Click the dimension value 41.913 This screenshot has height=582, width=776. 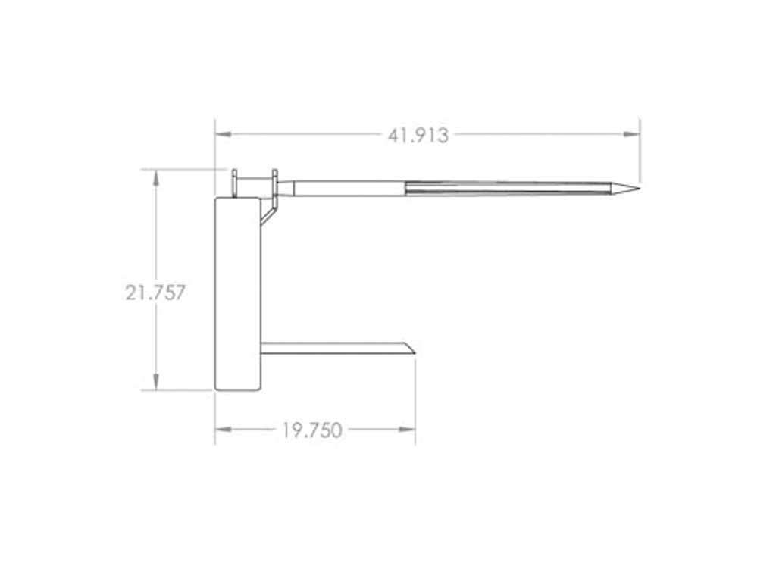418,135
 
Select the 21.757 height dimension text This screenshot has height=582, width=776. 155,293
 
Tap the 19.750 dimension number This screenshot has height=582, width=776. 312,430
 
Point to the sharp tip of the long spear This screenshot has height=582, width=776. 640,188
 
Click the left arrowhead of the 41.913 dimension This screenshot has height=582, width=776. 224,134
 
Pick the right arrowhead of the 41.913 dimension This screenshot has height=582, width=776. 631,134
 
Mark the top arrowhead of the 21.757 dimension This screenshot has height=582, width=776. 156,177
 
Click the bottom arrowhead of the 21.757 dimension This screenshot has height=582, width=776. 156,381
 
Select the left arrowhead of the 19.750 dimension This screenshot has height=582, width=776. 224,429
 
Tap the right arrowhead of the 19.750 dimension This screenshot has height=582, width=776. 407,429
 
